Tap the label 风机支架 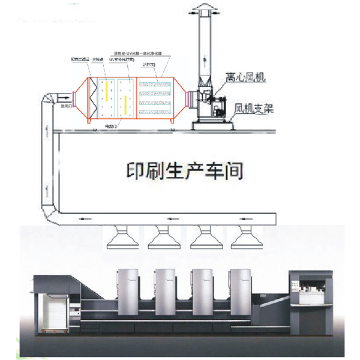[x=253, y=110]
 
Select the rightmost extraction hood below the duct [x=245, y=239]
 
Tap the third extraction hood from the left [x=203, y=239]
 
